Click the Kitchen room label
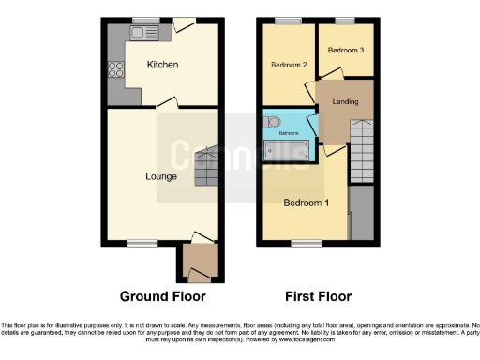tap(162, 65)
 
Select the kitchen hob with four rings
tap(118, 67)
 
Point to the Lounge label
tap(161, 175)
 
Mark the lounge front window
tap(142, 243)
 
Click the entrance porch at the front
tap(199, 259)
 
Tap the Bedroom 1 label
tap(306, 203)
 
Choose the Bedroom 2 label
tap(290, 65)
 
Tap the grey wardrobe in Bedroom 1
tap(361, 213)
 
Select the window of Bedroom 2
tap(289, 21)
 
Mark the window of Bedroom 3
tap(345, 21)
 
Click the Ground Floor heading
tap(163, 296)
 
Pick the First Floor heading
tap(319, 296)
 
